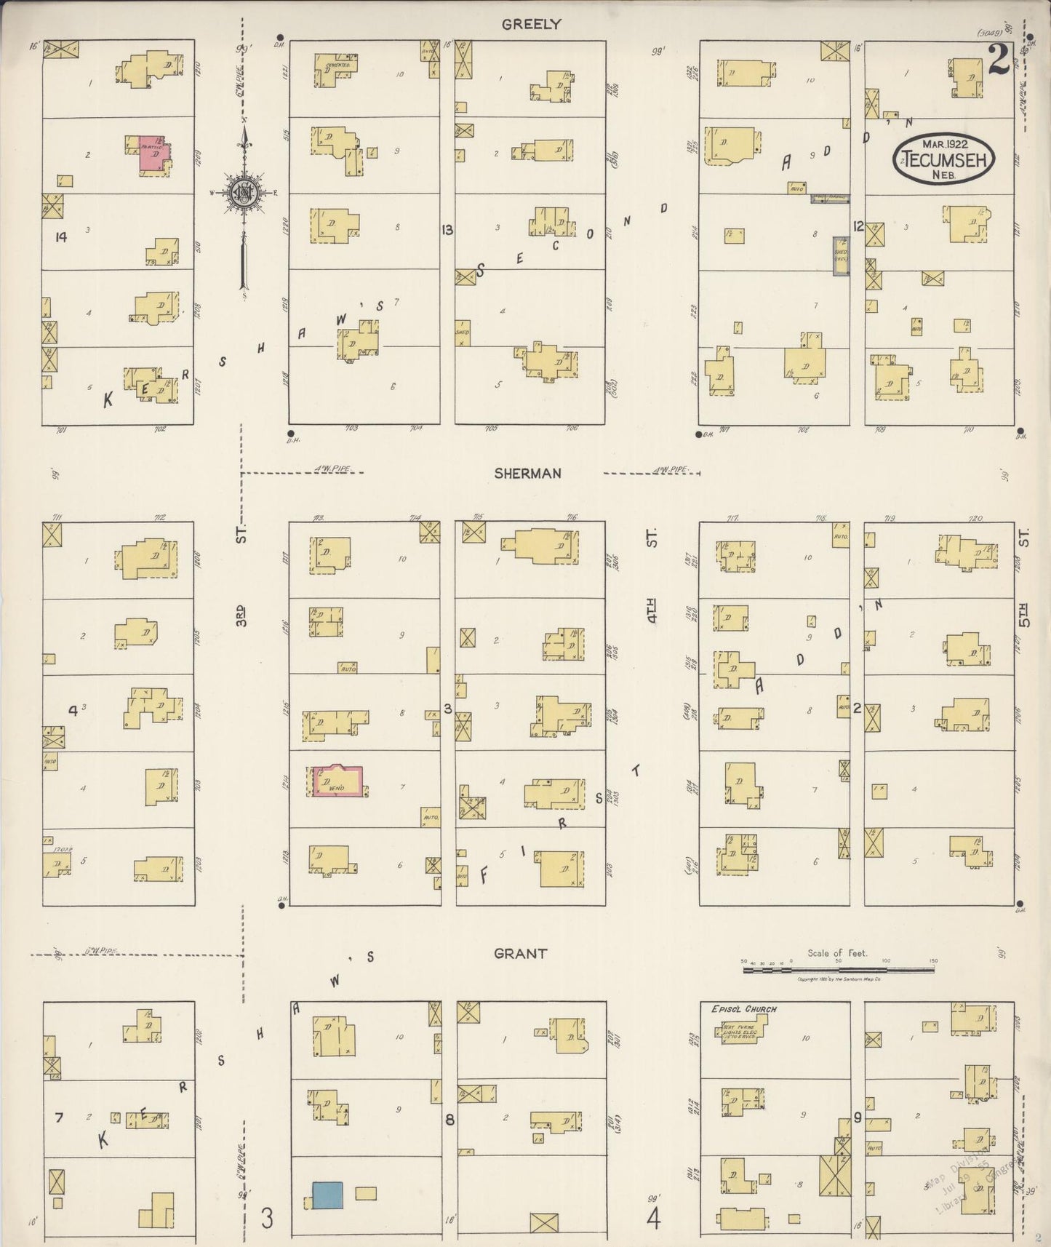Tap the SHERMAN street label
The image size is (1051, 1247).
527,474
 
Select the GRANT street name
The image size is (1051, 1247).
520,953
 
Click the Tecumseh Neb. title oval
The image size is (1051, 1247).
943,158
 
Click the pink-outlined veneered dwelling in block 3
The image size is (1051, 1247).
338,781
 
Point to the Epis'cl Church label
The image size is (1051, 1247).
743,1009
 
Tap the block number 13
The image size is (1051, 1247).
447,230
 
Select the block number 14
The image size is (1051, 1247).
60,236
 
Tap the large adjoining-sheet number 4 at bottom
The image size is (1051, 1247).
653,1217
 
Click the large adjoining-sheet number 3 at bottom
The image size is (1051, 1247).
268,1217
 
